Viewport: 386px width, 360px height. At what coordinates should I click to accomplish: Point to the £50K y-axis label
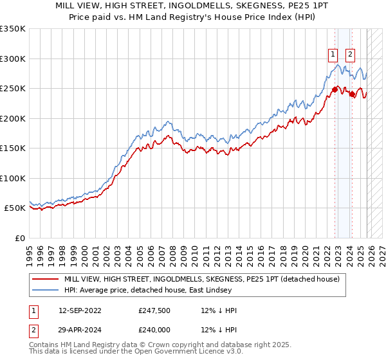coord(14,208)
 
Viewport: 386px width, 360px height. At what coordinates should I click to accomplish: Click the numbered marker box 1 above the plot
coord(333,55)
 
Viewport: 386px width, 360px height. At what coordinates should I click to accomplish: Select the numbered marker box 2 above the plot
coord(351,55)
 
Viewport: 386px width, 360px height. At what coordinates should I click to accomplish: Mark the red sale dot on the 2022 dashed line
coord(335,89)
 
